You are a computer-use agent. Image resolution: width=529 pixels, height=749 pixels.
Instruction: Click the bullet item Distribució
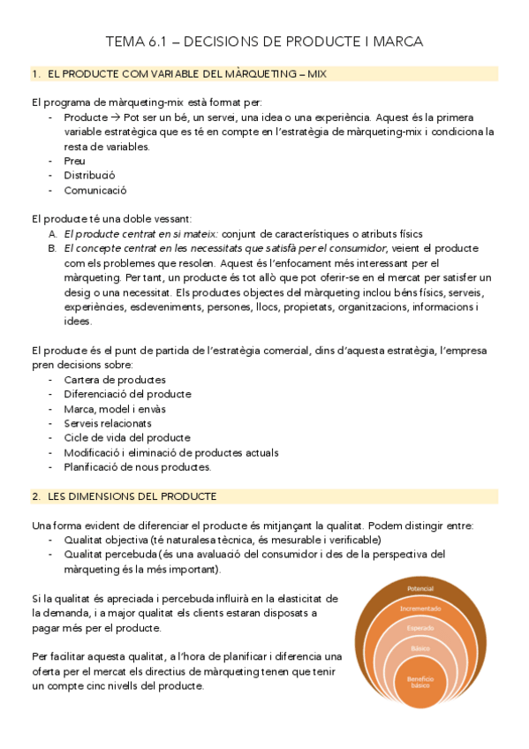coord(89,175)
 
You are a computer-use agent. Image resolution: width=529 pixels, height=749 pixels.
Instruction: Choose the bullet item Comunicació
coord(95,190)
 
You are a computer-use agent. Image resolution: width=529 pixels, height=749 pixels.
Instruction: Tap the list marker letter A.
coord(52,234)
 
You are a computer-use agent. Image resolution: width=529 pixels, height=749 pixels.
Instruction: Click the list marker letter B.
coord(52,248)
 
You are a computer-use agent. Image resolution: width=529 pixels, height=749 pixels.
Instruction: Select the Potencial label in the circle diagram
coord(419,589)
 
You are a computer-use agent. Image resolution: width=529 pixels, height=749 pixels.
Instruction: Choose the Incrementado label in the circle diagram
coord(419,609)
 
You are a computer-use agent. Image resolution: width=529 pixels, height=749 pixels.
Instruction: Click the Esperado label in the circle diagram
coord(419,628)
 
